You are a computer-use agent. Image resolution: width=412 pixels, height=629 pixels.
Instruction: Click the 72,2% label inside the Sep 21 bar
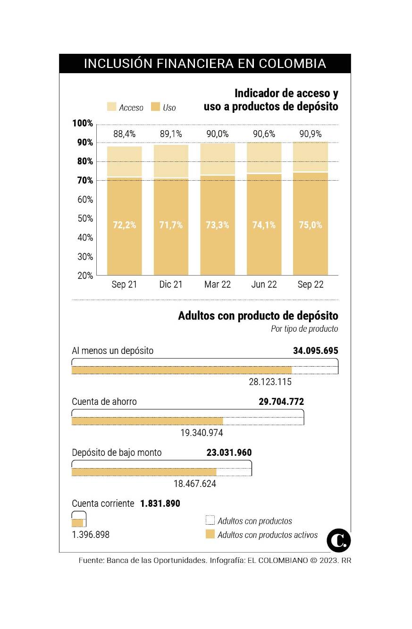click(x=125, y=225)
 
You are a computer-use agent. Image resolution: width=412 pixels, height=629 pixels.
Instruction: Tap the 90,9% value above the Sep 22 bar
click(x=311, y=134)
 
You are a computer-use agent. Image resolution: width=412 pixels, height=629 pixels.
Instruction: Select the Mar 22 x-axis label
click(x=218, y=285)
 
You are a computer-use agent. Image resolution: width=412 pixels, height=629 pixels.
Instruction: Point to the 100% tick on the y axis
click(x=83, y=124)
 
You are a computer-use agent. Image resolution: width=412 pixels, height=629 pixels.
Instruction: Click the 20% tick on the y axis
click(x=85, y=276)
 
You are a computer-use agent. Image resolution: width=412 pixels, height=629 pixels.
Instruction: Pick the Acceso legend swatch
click(x=111, y=107)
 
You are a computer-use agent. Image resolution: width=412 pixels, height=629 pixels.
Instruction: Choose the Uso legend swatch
click(x=155, y=107)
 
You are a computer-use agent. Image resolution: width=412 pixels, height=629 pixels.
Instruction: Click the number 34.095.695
click(x=315, y=351)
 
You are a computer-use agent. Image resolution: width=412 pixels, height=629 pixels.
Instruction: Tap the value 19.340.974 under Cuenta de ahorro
click(x=202, y=433)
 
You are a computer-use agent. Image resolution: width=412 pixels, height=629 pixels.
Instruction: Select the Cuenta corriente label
click(x=103, y=503)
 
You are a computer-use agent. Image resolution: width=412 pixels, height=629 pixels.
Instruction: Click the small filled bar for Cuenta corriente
click(x=77, y=523)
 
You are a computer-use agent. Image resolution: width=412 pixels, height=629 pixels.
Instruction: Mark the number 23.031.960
click(x=229, y=453)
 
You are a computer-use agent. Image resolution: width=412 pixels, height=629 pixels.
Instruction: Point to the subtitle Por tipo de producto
click(x=304, y=329)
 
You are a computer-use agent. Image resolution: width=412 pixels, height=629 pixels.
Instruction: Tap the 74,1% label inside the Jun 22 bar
click(x=264, y=225)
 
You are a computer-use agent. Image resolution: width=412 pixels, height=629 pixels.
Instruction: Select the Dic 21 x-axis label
click(x=171, y=285)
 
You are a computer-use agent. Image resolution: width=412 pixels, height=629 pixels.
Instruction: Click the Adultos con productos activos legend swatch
click(x=210, y=535)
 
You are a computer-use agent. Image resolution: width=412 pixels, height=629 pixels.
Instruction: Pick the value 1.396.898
click(x=91, y=535)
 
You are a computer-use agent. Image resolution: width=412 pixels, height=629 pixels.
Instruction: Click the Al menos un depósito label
click(x=112, y=351)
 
